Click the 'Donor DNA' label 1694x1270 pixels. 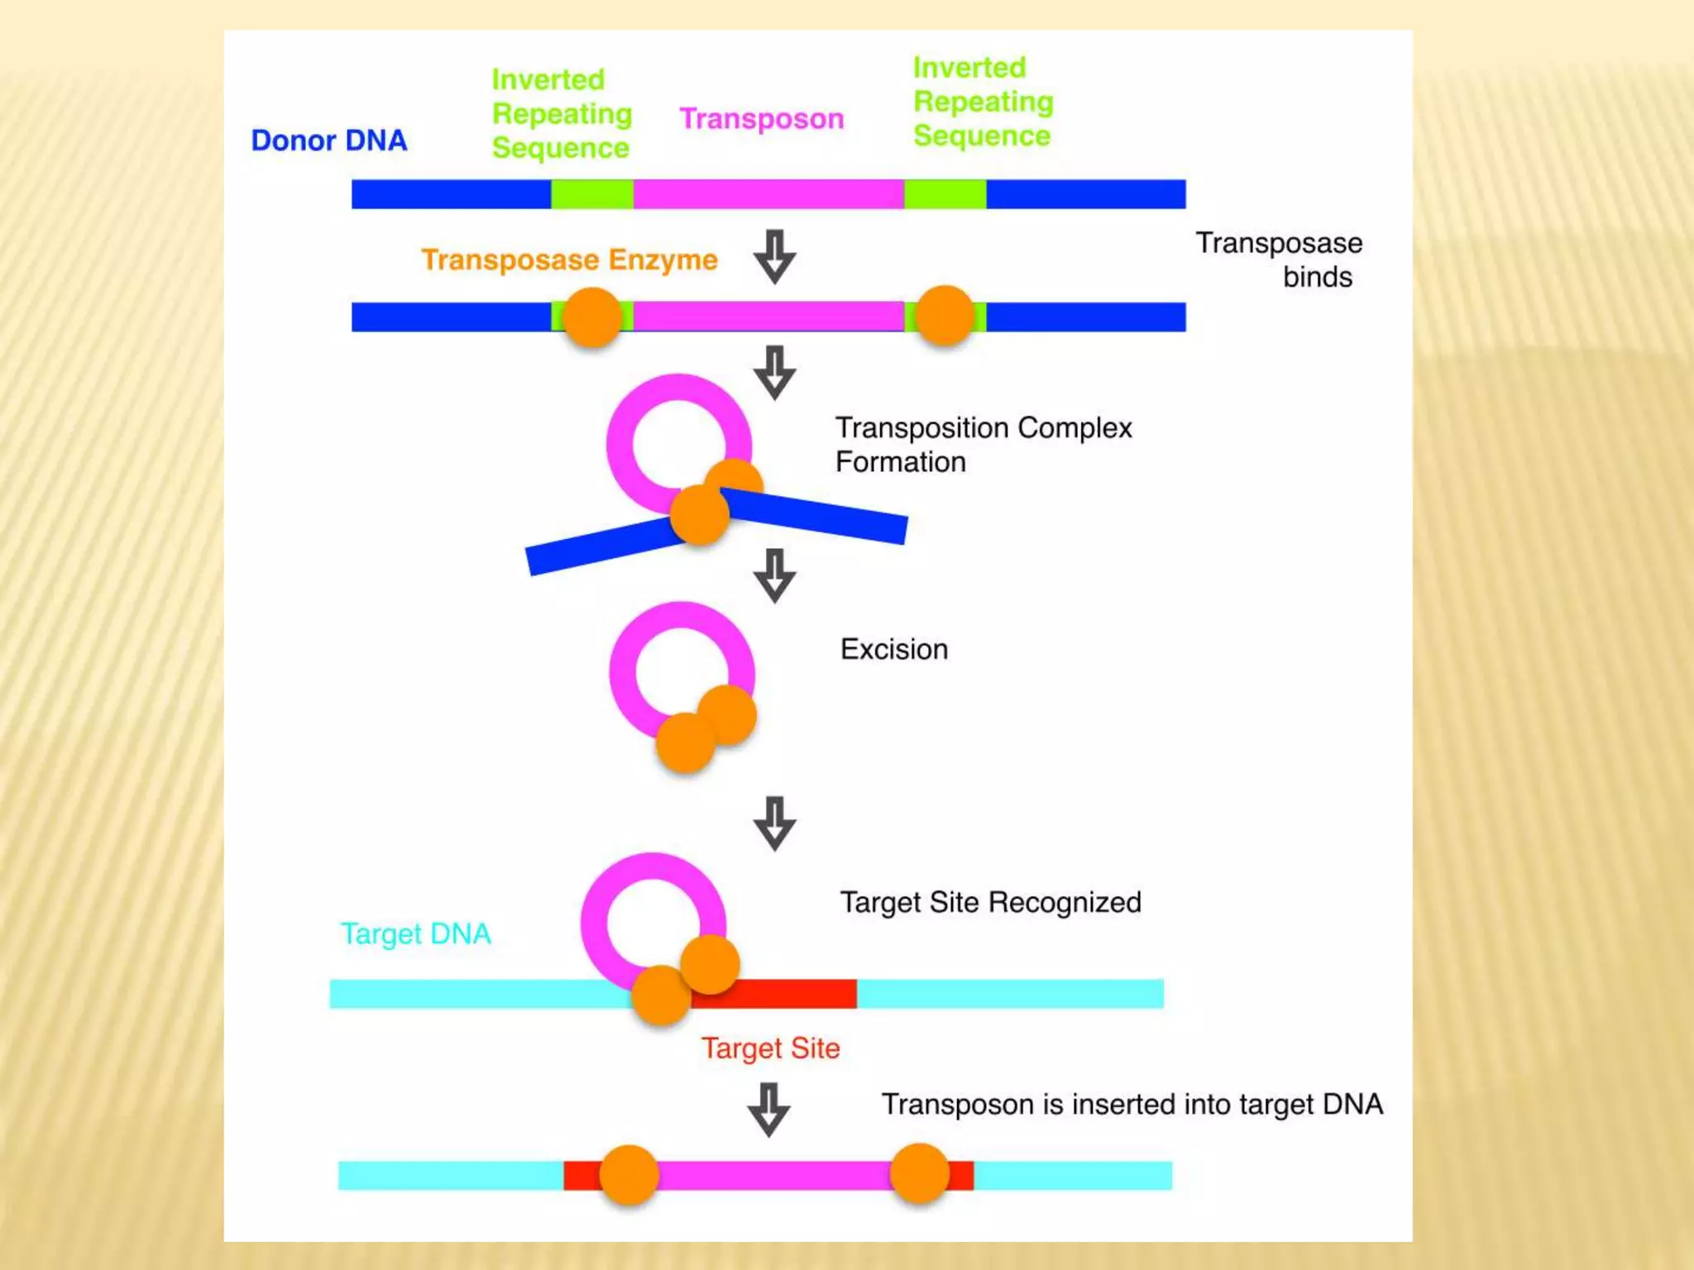click(329, 141)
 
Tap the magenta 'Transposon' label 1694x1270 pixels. click(761, 119)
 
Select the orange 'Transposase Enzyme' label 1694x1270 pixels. click(569, 260)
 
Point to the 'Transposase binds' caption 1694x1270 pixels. click(1279, 260)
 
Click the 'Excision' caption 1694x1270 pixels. click(893, 650)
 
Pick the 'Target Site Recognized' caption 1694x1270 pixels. click(990, 902)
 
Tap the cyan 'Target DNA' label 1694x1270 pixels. click(415, 934)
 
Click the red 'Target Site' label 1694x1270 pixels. click(770, 1048)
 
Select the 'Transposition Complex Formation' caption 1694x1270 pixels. click(983, 445)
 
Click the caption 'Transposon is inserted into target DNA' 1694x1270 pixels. click(1132, 1105)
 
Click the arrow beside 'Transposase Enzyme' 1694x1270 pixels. click(775, 256)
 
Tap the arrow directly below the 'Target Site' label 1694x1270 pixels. click(769, 1110)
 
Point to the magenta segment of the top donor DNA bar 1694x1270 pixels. click(768, 194)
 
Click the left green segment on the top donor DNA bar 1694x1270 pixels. click(592, 194)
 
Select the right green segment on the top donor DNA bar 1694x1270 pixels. click(945, 194)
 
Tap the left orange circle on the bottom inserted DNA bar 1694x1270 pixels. click(629, 1174)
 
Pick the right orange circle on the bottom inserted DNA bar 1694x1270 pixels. click(919, 1173)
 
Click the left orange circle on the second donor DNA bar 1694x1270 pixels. click(592, 317)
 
